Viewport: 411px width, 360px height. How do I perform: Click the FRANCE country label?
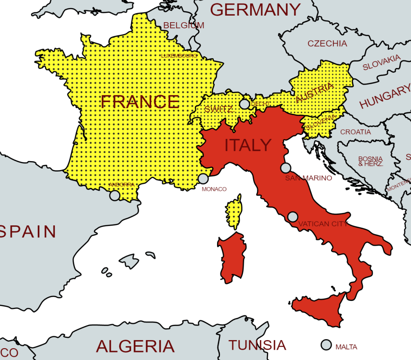(140, 102)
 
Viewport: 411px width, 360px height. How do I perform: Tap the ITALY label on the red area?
(248, 146)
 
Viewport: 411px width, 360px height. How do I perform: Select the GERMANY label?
(255, 9)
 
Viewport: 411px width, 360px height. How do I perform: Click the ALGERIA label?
(135, 346)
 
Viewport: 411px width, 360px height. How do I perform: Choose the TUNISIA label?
(257, 345)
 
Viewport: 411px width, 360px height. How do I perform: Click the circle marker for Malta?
(326, 345)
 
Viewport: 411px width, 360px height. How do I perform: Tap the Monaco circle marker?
(203, 179)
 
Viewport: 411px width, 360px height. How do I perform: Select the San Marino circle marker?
(286, 168)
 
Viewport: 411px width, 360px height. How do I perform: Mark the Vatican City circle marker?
(293, 217)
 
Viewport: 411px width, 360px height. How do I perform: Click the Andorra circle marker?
(114, 196)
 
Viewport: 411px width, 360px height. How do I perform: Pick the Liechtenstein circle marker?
(245, 104)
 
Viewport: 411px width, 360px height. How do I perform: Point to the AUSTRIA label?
(315, 93)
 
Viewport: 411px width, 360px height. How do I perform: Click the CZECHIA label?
(327, 43)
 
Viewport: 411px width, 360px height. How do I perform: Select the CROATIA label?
(356, 132)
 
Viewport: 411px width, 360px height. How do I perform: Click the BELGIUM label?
(184, 26)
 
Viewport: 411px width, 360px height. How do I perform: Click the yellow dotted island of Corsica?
(233, 212)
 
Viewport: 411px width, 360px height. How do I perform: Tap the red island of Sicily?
(322, 309)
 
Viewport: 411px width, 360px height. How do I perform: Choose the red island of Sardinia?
(232, 257)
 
